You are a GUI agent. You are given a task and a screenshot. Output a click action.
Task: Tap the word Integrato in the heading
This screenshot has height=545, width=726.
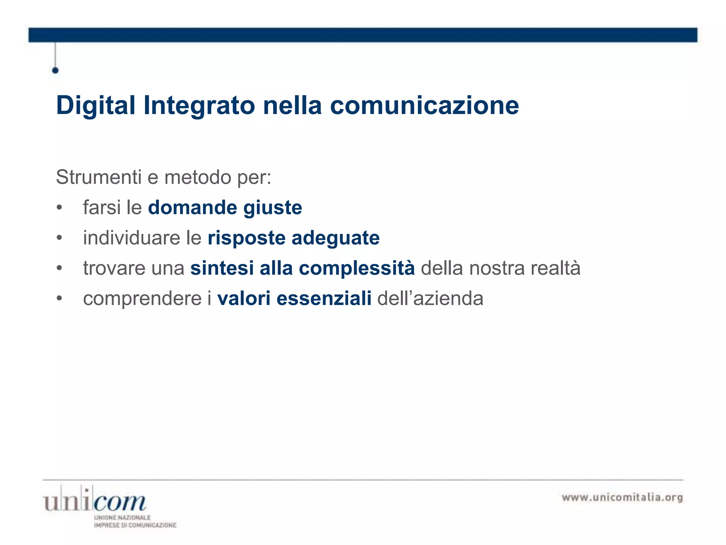[x=199, y=106]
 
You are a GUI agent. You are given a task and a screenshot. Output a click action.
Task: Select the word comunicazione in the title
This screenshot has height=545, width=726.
[x=424, y=106]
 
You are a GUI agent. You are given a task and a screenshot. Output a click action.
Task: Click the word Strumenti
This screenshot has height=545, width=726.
[x=99, y=177]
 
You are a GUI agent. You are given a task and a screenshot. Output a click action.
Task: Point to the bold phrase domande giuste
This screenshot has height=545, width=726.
[x=225, y=208]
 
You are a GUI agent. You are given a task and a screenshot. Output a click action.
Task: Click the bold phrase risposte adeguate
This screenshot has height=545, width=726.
[x=294, y=238]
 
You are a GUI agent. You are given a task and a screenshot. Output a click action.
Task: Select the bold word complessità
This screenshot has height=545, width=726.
[x=357, y=268]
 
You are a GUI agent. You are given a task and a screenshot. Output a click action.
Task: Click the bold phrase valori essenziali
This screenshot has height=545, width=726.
[x=294, y=298]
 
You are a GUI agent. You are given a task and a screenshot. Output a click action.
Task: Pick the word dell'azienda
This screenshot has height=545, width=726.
[x=430, y=298]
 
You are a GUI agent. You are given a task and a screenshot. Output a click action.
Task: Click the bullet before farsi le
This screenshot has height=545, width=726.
[x=59, y=208]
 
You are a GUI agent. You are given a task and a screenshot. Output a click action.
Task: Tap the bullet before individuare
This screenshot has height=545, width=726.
[x=59, y=238]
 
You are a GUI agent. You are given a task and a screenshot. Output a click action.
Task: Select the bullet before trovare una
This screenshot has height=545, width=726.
[x=59, y=268]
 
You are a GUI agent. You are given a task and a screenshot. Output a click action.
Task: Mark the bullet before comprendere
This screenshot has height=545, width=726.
[x=59, y=298]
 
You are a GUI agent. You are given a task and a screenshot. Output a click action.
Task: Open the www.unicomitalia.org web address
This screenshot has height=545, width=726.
[x=622, y=497]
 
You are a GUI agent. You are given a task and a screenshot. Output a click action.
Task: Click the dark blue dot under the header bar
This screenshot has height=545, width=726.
[x=55, y=70]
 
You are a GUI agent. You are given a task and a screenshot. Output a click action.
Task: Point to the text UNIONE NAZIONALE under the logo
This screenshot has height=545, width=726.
[x=122, y=518]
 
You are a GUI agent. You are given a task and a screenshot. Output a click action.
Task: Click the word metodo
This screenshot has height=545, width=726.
[x=197, y=177]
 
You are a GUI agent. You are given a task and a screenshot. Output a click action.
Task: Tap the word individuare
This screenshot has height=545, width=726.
[x=132, y=238]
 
